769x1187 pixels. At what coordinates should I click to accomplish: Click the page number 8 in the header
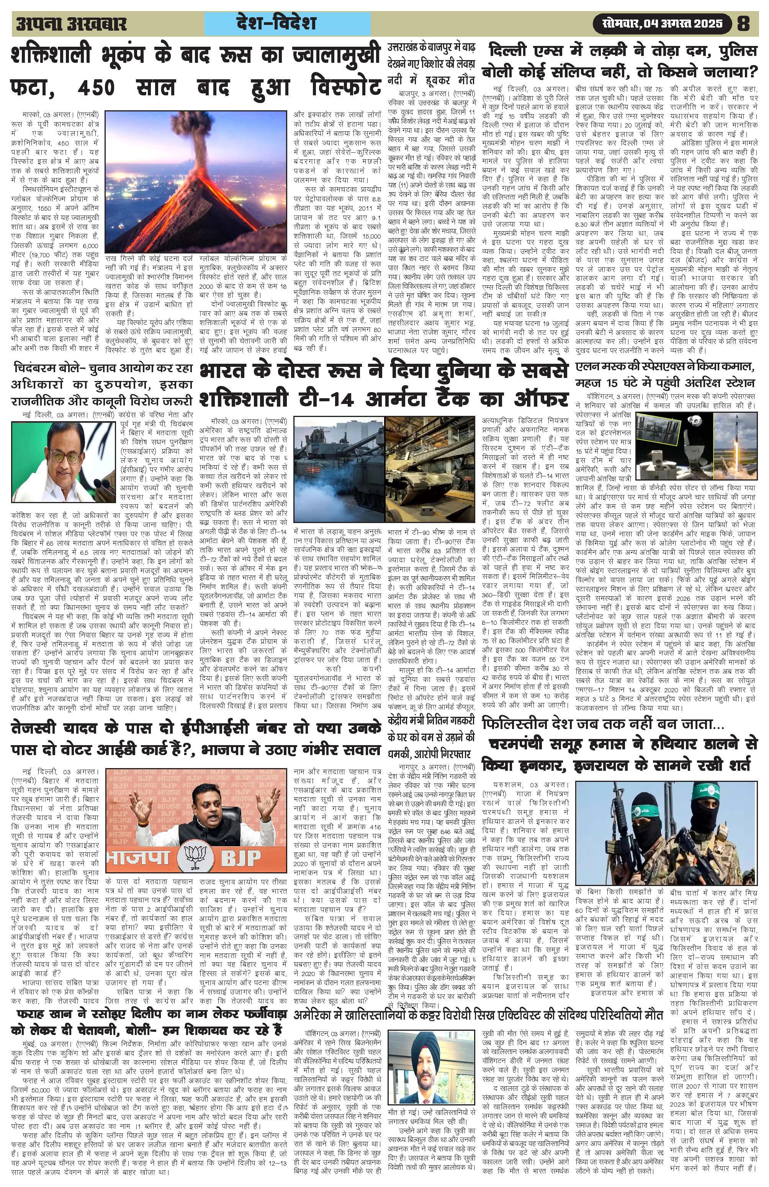tap(743, 23)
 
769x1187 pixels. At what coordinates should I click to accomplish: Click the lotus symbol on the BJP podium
tap(198, 858)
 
